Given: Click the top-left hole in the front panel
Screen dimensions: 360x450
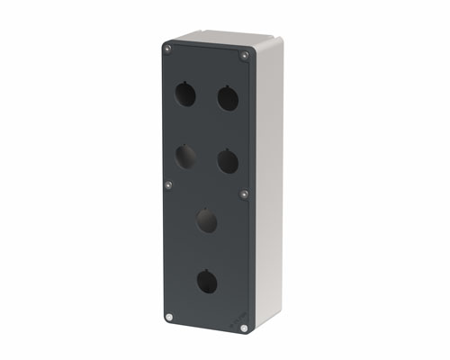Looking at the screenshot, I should click(x=185, y=93).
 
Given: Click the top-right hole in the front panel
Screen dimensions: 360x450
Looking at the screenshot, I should click(x=228, y=97).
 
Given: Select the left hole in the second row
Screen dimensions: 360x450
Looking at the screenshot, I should click(x=185, y=157).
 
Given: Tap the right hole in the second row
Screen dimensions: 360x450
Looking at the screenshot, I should click(x=228, y=161).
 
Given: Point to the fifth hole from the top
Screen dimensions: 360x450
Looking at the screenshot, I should click(x=207, y=219).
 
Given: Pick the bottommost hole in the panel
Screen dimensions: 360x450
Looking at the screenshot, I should click(x=207, y=283).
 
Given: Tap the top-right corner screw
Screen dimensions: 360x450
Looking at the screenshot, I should click(x=244, y=56).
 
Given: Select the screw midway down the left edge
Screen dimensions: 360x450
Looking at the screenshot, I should click(x=168, y=185).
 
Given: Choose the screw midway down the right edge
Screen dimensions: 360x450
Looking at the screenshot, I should click(x=244, y=193).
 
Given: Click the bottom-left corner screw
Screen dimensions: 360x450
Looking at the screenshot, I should click(x=169, y=316).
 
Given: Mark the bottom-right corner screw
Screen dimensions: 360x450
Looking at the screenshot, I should click(x=243, y=328).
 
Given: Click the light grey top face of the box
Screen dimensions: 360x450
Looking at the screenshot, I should click(x=220, y=40).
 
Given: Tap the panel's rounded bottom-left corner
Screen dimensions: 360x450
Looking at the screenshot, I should click(x=165, y=320).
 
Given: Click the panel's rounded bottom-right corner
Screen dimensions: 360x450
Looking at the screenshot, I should click(x=247, y=334).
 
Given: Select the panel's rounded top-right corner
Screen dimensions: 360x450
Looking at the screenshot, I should click(x=248, y=51).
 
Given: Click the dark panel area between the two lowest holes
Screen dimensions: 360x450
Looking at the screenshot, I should click(x=207, y=251).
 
